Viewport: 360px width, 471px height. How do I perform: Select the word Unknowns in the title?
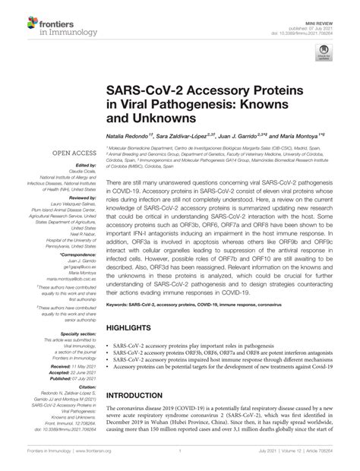[162, 119]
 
